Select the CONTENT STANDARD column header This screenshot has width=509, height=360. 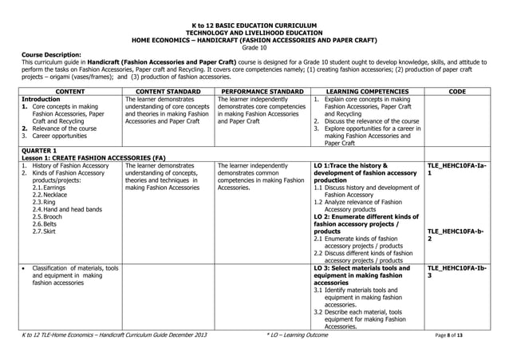[x=168, y=92]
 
